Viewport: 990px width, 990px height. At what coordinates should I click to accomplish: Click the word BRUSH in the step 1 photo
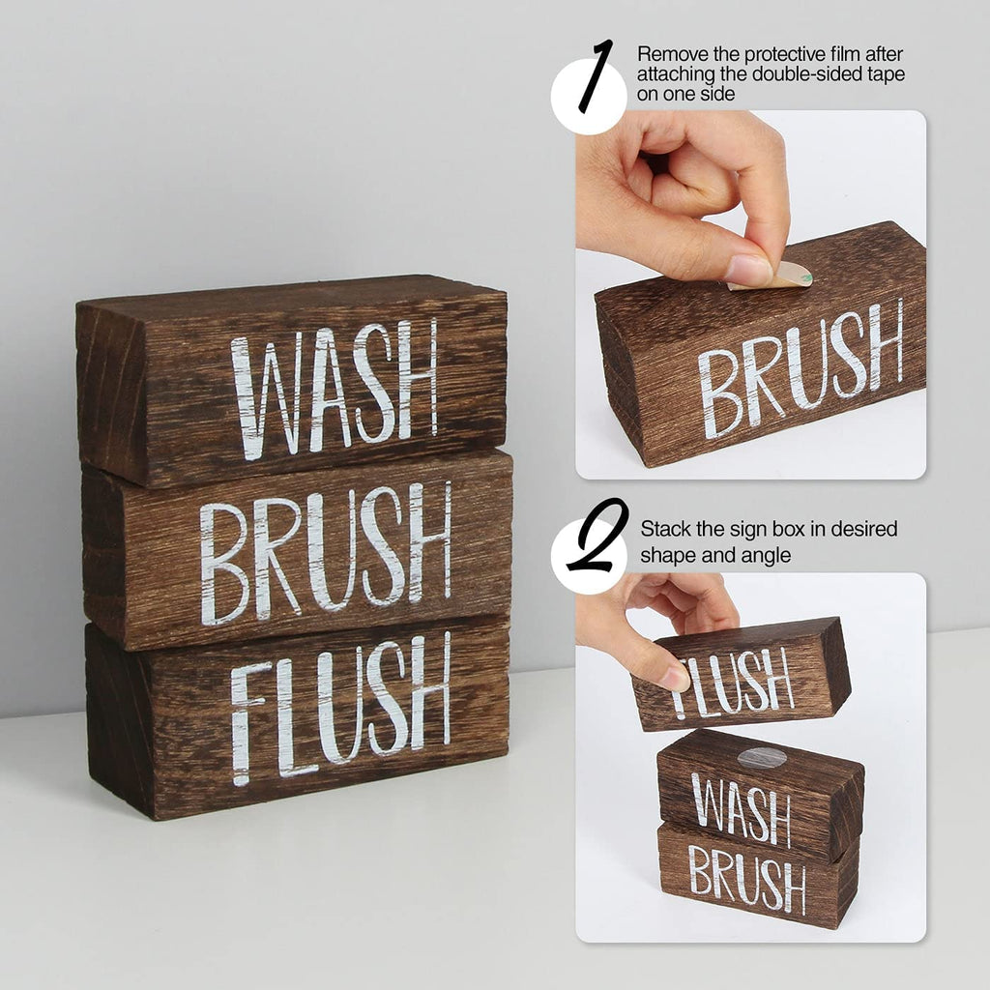point(801,368)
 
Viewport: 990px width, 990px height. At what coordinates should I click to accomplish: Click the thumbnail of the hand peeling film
point(750,294)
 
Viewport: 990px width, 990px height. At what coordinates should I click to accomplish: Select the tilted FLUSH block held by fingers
point(742,674)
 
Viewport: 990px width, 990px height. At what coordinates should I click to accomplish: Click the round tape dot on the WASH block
point(763,757)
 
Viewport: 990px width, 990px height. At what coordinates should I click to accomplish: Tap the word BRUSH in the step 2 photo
point(747,879)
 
